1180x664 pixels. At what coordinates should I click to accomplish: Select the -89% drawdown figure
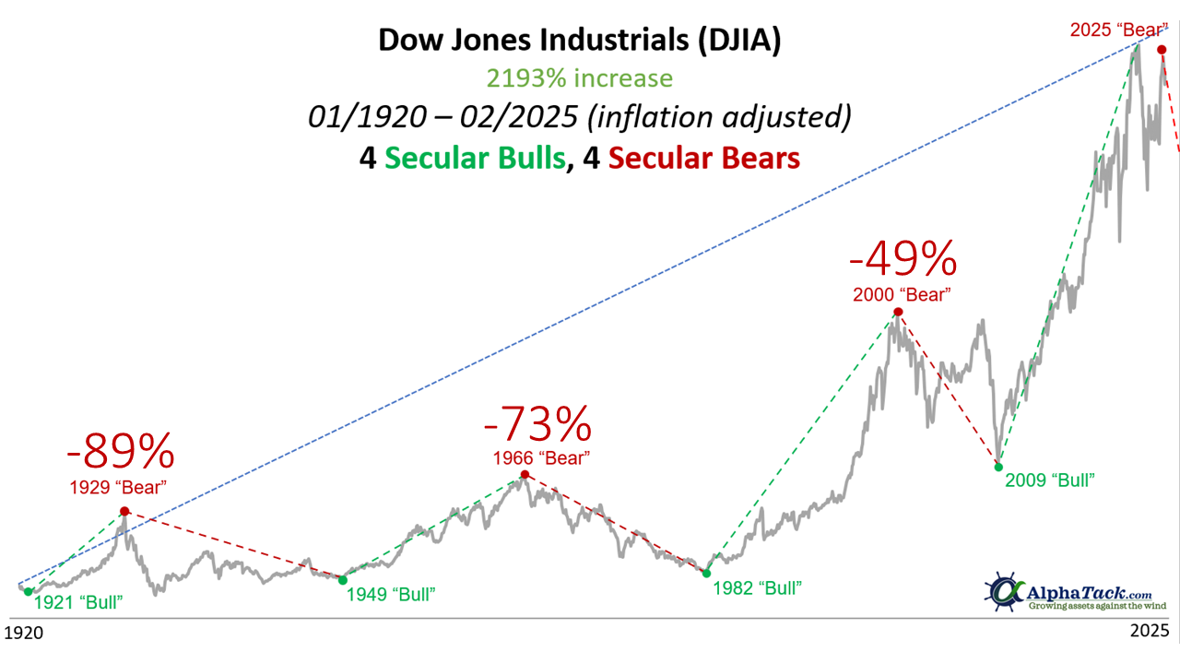point(120,452)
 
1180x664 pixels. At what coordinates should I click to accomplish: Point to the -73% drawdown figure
point(537,424)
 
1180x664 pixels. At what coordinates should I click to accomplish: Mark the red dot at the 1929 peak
point(124,511)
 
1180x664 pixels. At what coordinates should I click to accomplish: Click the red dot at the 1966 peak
point(525,475)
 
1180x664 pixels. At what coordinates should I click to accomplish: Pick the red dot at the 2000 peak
point(897,312)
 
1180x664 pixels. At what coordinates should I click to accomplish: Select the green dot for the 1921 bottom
point(28,592)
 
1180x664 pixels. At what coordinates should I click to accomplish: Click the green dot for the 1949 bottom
point(342,580)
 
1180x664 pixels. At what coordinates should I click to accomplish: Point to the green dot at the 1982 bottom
point(706,573)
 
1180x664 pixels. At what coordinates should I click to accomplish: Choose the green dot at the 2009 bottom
point(998,467)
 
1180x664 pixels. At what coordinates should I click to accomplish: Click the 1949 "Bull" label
point(390,594)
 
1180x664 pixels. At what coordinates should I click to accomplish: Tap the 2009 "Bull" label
point(1050,480)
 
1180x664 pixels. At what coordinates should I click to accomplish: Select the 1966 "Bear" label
point(541,457)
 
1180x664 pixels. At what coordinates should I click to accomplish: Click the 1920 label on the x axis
point(25,634)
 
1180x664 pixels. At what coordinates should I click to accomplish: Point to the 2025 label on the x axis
point(1150,633)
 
